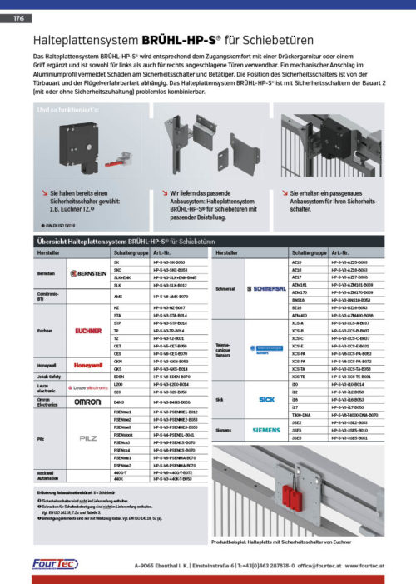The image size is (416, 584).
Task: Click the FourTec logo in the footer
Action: click(x=55, y=564)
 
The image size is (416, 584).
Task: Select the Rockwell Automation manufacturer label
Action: click(x=46, y=476)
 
